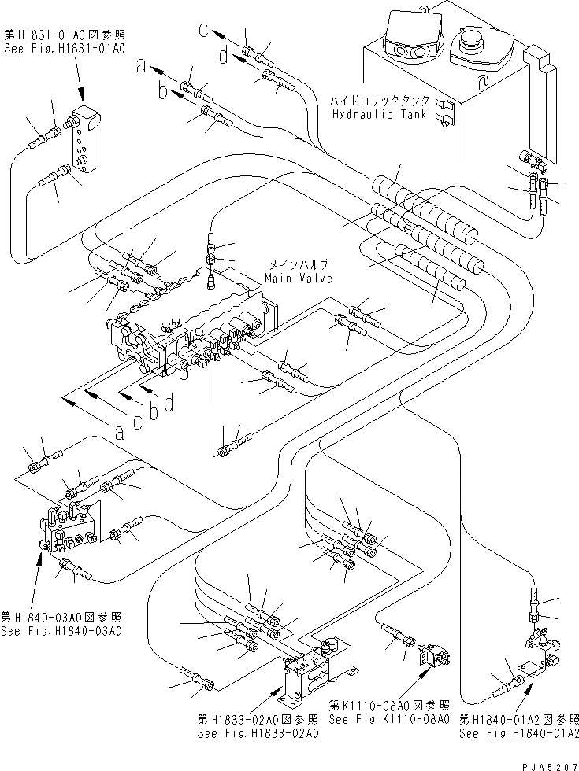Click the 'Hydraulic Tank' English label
380,114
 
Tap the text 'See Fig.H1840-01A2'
519,733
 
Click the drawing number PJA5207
544,763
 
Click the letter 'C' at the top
203,31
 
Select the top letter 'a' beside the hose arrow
141,68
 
